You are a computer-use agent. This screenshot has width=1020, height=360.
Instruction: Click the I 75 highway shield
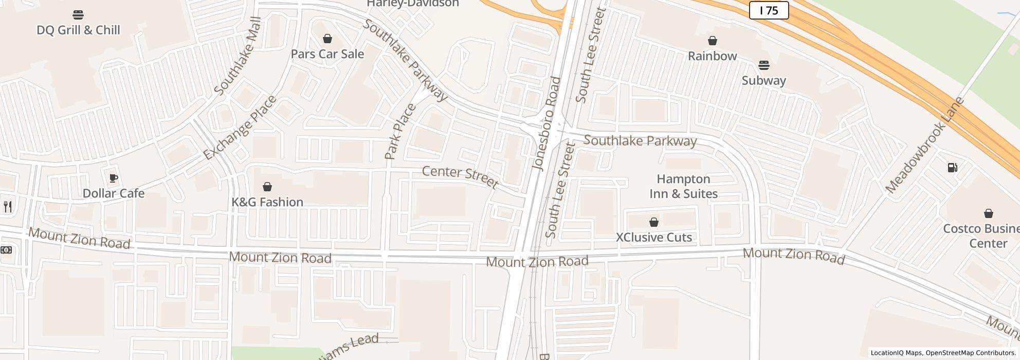(x=769, y=10)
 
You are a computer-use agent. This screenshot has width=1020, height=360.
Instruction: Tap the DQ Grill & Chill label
(x=78, y=30)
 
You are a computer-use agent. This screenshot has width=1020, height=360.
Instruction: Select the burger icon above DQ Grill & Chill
(x=78, y=14)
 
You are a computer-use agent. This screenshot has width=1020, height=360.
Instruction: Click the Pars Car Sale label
(x=327, y=54)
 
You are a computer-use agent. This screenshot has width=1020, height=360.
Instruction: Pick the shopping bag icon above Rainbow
(x=712, y=41)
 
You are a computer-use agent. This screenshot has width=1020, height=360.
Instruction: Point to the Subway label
(x=763, y=81)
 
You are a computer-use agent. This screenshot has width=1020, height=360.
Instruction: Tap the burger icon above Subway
(x=763, y=65)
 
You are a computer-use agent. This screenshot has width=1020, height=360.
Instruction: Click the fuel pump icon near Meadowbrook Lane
(x=952, y=168)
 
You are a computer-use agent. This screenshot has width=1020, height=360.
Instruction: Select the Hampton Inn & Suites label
(x=683, y=186)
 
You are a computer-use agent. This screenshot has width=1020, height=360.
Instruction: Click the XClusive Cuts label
(x=653, y=237)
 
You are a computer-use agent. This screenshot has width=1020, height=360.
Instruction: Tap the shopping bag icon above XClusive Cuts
(x=653, y=222)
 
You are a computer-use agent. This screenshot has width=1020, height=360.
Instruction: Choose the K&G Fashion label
(x=267, y=202)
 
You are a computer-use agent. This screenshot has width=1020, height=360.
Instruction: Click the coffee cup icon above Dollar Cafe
(x=113, y=178)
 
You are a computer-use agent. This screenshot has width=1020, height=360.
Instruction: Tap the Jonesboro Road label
(x=546, y=123)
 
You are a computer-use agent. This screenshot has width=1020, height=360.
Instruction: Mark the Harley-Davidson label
(x=412, y=4)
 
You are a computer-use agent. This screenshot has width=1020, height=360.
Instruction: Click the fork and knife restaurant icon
(x=8, y=207)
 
